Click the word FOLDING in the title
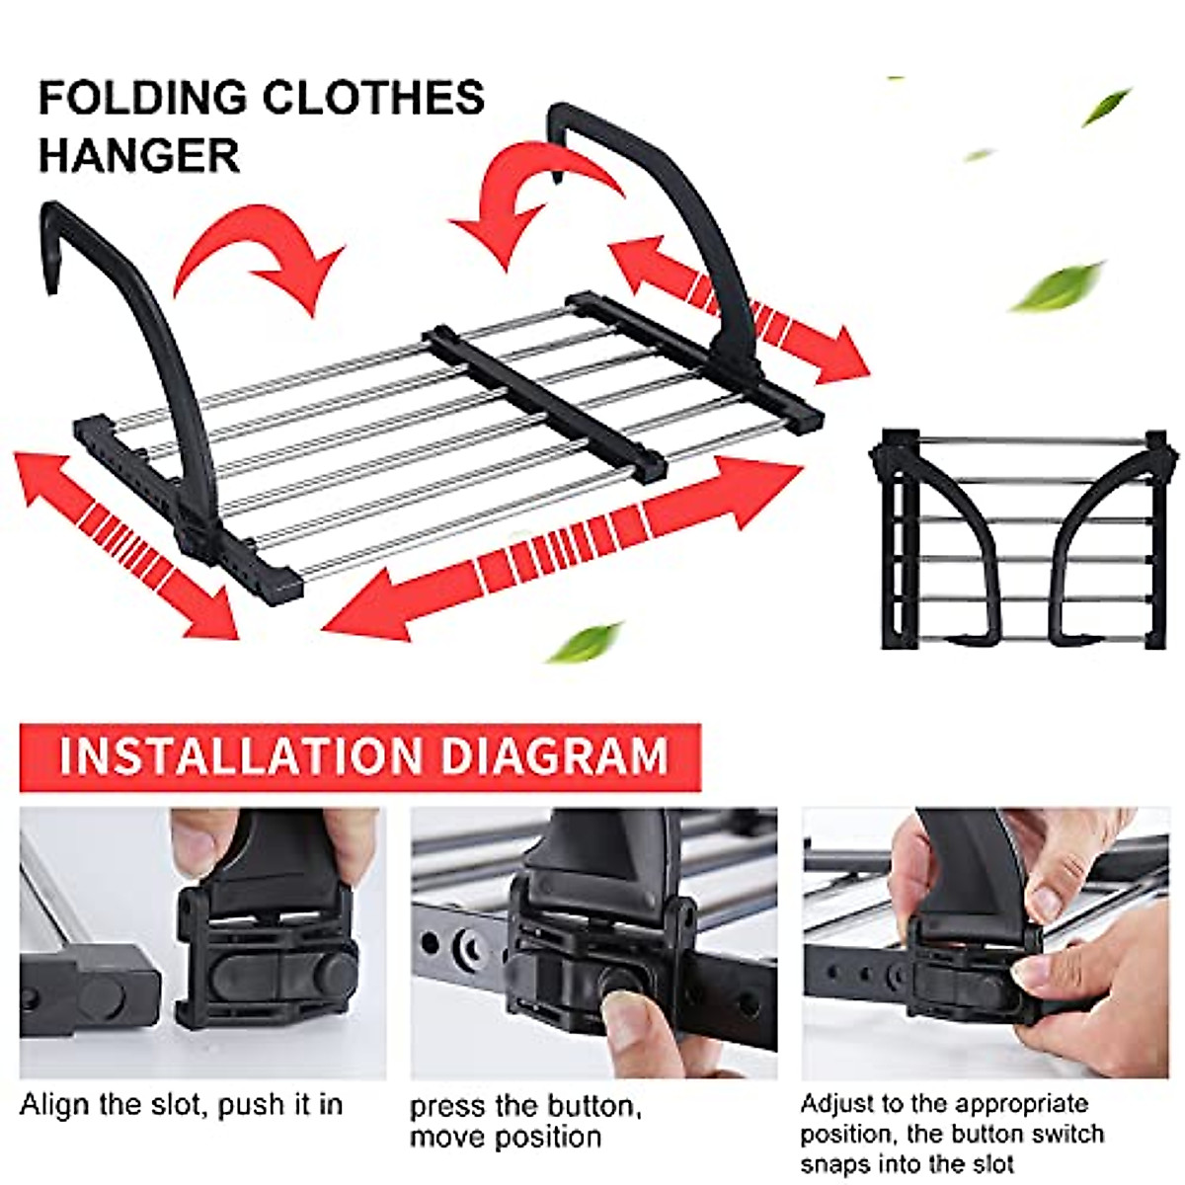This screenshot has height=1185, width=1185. [142, 98]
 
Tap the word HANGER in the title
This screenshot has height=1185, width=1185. [138, 155]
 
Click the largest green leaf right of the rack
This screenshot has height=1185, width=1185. [1056, 285]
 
